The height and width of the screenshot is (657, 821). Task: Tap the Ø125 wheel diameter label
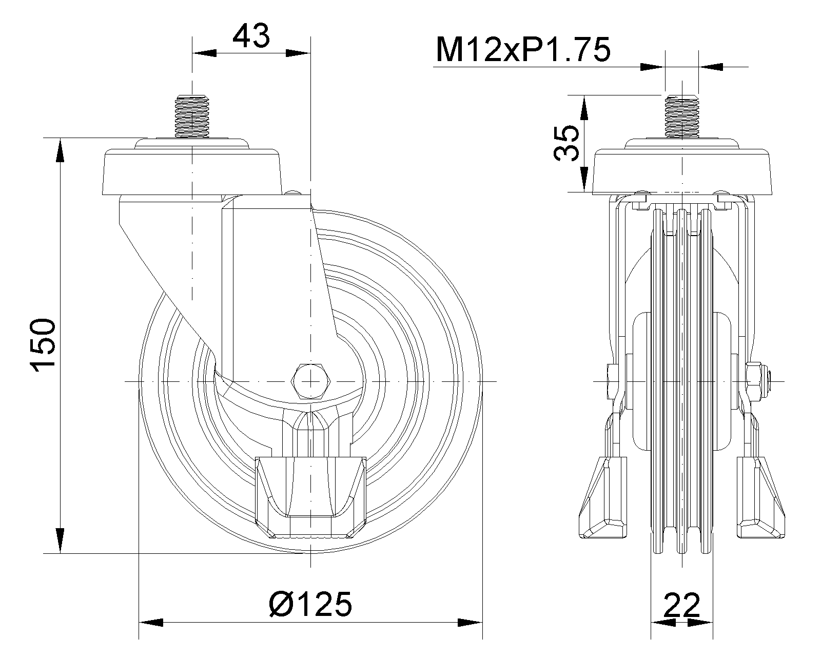(x=310, y=604)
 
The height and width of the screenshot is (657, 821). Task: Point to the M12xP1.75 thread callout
(x=523, y=50)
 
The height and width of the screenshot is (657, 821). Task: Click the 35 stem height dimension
(x=566, y=143)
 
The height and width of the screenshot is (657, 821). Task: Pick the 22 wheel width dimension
(x=682, y=604)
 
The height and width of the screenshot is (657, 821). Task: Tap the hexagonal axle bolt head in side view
(x=311, y=381)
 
